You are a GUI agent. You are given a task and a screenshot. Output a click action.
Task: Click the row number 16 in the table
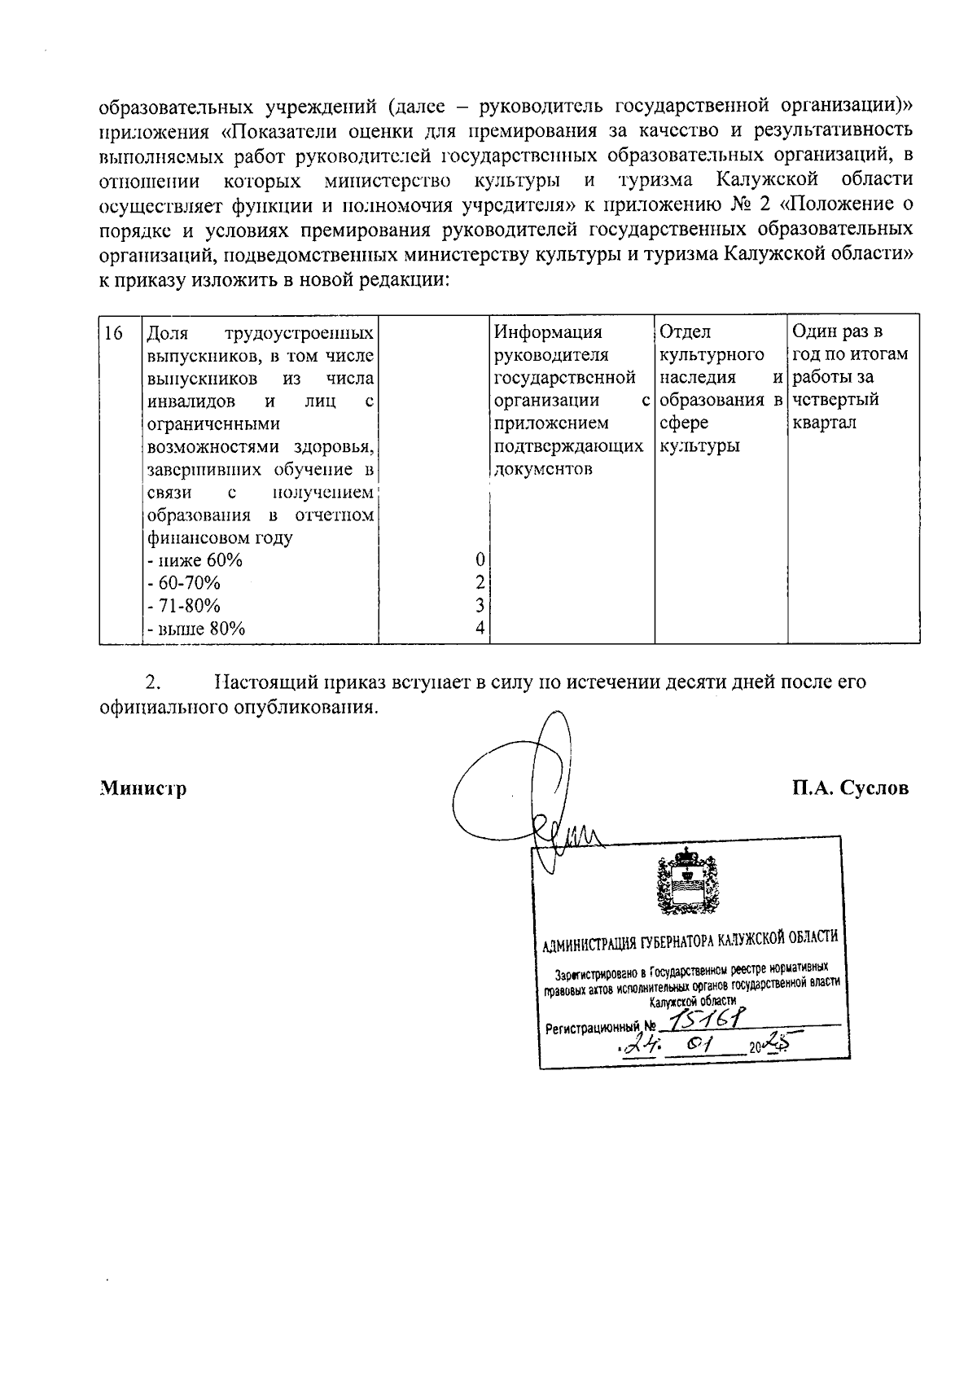tap(114, 333)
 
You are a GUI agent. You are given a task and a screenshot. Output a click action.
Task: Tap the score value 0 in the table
tap(480, 560)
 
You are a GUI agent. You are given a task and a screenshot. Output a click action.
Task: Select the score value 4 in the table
tap(480, 628)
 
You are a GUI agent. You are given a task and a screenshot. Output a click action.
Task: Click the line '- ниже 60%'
tap(195, 560)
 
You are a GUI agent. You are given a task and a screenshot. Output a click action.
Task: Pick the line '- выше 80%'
tap(195, 628)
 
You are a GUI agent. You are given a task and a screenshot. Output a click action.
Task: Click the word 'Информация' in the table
tap(549, 332)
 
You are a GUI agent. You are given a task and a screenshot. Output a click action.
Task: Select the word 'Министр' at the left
tap(143, 788)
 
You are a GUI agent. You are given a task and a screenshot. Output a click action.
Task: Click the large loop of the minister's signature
tap(505, 782)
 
